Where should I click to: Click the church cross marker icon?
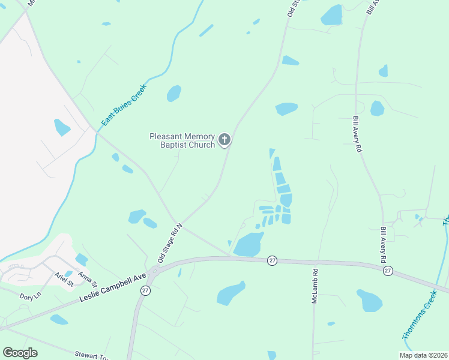(x=224, y=140)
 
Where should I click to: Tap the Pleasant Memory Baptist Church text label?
(x=182, y=140)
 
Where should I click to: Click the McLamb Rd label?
(x=314, y=284)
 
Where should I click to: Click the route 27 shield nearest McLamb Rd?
(x=273, y=260)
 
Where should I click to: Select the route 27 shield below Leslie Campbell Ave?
(x=145, y=290)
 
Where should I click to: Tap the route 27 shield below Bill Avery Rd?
(x=388, y=271)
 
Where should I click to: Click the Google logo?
(x=20, y=353)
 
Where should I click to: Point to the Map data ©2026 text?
(x=423, y=355)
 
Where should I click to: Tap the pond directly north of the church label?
(x=174, y=94)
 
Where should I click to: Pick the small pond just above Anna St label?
(x=81, y=259)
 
